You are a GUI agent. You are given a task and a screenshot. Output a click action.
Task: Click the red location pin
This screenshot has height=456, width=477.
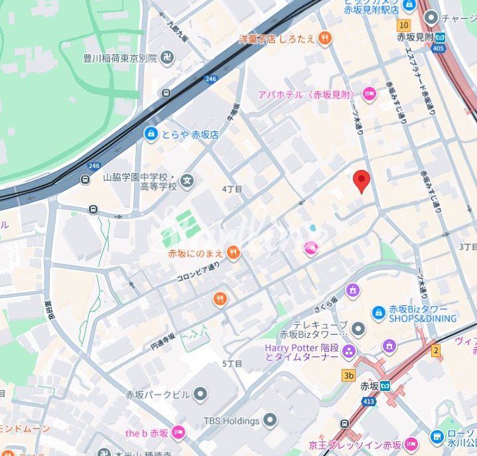[361, 180]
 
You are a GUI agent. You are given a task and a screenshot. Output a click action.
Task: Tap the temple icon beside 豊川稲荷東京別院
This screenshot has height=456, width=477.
[170, 58]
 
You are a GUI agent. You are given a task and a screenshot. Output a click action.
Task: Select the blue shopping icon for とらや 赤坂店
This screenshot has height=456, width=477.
[151, 134]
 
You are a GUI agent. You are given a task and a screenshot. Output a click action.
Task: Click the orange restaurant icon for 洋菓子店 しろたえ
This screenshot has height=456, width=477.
[324, 39]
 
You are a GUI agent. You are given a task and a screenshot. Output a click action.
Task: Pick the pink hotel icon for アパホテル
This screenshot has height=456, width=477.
[368, 94]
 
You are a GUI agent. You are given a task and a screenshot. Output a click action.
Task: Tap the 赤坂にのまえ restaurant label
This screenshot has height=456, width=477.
[195, 253]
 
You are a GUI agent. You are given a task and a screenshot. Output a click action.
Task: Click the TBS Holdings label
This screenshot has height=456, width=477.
[231, 421]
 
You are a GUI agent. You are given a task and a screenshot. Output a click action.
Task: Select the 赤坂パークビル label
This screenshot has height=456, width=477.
[157, 394]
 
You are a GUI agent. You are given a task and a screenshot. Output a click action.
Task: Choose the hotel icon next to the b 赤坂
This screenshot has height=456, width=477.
[178, 433]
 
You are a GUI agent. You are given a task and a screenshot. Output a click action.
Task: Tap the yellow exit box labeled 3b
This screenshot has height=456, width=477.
[348, 375]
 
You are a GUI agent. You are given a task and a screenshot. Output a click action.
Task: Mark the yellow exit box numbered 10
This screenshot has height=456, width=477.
[403, 25]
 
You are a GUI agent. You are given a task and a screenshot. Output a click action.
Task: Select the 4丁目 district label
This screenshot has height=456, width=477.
[232, 189]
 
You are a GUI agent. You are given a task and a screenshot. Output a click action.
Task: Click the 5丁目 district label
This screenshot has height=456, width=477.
[232, 363]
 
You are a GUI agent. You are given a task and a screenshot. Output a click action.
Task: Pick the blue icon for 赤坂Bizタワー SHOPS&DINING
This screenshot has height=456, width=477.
[378, 312]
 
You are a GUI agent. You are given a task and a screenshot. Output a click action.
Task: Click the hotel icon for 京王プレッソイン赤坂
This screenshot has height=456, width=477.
[411, 443]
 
